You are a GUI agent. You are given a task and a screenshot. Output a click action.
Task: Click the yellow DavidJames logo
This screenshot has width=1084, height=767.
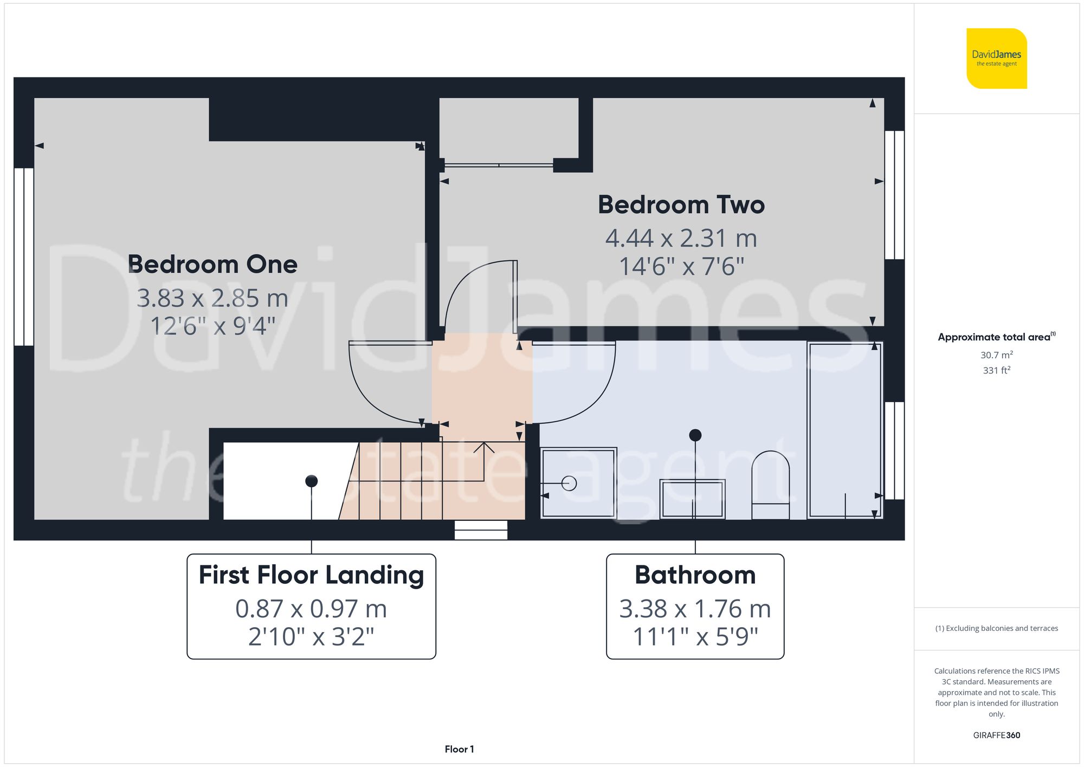[996, 59]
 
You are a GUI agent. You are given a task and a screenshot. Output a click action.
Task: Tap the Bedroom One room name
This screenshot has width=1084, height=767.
[212, 265]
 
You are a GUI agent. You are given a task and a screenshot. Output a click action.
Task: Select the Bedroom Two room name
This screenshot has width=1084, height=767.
[681, 205]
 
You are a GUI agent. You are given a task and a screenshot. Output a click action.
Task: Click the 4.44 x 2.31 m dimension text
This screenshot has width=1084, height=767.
[681, 239]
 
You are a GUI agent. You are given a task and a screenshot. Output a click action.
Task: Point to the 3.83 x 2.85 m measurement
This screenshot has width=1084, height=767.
[212, 298]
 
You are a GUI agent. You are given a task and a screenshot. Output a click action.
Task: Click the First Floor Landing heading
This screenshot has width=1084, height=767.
[311, 575]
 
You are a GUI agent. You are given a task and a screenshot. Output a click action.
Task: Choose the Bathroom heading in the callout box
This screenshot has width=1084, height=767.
[695, 575]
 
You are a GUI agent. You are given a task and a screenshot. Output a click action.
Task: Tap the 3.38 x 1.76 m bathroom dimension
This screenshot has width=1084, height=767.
[695, 609]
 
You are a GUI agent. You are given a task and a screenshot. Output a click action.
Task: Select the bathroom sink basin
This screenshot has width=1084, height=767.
[692, 499]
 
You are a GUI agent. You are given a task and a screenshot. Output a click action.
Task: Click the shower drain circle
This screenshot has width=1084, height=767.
[569, 483]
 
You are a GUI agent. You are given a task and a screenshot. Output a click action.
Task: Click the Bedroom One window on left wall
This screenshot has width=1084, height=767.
[24, 256]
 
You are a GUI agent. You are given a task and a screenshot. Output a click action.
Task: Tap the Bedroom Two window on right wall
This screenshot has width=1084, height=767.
[894, 195]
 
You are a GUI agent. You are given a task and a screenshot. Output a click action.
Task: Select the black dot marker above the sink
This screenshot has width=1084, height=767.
[695, 435]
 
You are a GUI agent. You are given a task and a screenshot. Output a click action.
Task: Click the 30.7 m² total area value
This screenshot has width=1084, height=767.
[996, 355]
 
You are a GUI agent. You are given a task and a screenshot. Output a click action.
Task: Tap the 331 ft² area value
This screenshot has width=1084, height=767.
[996, 370]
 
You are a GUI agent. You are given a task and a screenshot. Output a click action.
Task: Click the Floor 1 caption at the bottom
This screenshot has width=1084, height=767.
[459, 749]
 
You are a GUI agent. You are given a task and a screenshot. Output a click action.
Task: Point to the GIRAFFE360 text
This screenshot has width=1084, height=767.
[996, 735]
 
